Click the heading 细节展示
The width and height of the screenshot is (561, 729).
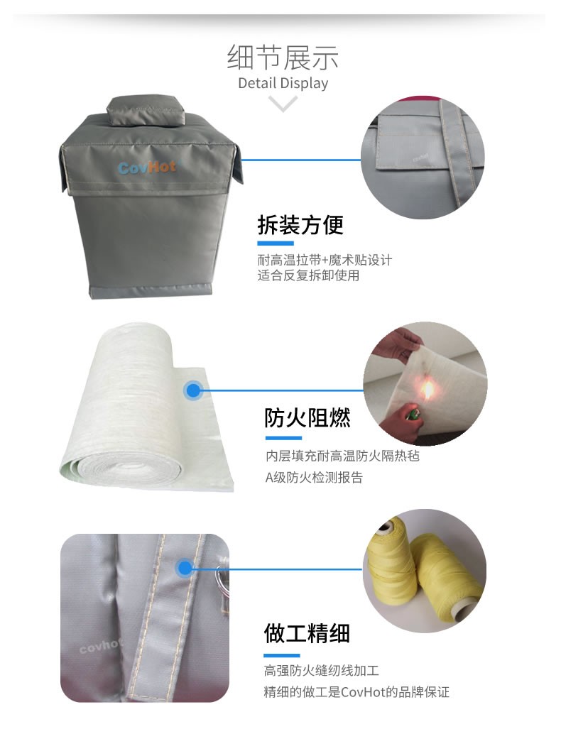click(x=283, y=57)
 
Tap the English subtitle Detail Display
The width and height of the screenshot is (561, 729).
click(x=283, y=83)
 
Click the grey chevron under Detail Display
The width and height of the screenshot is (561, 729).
click(x=283, y=104)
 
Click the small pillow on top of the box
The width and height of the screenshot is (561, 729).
click(x=146, y=111)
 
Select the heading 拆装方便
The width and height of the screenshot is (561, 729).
click(x=300, y=225)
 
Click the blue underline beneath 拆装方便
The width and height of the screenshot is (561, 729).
click(x=276, y=243)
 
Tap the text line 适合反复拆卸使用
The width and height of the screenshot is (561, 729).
click(x=308, y=275)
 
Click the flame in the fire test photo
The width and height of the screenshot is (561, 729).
click(x=427, y=389)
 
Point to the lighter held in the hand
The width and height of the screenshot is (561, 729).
click(x=411, y=413)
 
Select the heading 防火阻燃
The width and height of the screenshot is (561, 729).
click(x=307, y=417)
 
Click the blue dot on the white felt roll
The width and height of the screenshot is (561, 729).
click(x=192, y=390)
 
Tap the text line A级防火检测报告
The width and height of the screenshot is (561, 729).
click(x=314, y=478)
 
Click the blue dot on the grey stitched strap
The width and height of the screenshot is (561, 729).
click(x=185, y=568)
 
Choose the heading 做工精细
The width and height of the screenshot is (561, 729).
click(x=307, y=633)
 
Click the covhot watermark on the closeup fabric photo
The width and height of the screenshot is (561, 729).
click(x=100, y=646)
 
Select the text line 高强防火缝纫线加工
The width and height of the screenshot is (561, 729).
click(x=322, y=670)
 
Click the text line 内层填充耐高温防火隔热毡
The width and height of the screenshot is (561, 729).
click(x=343, y=456)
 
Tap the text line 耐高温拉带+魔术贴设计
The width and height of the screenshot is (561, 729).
click(x=325, y=259)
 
